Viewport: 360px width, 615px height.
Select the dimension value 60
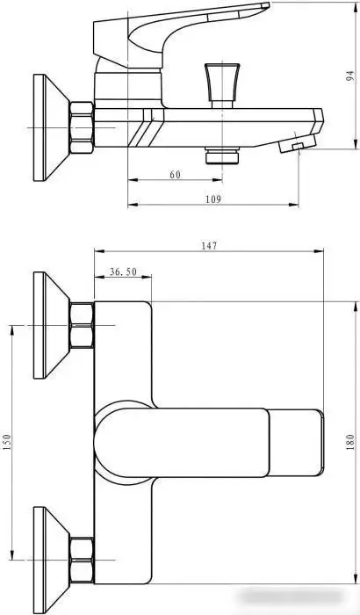point(175,175)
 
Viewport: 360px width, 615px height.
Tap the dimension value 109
point(212,199)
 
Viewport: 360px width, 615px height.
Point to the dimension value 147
point(208,246)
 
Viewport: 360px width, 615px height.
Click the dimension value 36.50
point(123,272)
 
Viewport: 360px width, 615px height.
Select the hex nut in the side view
point(80,128)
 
